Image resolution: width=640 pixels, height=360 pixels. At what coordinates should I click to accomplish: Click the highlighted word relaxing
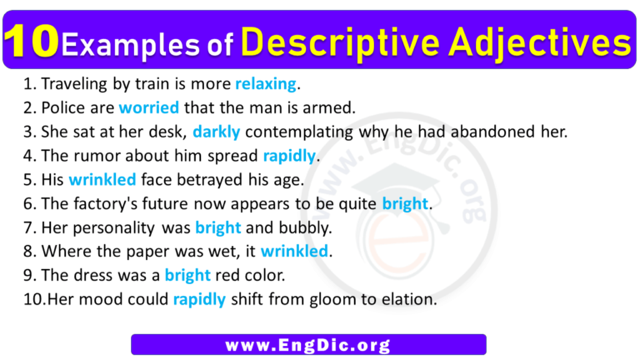tap(266, 83)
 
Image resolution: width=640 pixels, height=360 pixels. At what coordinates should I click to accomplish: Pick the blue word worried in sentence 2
tap(149, 107)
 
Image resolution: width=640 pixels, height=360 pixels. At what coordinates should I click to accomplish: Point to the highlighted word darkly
tap(217, 131)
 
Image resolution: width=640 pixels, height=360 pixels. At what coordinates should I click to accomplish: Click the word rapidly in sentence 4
tap(289, 155)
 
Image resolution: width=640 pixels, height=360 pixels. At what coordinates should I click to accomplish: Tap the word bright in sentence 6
tap(406, 202)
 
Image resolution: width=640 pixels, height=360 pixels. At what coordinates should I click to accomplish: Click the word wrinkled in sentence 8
tap(295, 251)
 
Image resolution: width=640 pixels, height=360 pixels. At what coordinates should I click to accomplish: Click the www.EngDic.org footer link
tap(308, 345)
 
